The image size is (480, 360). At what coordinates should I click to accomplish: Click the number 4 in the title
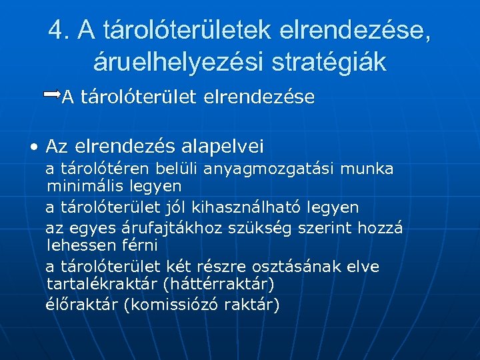(55, 31)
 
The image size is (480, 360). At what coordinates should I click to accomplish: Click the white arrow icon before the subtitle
(52, 95)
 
